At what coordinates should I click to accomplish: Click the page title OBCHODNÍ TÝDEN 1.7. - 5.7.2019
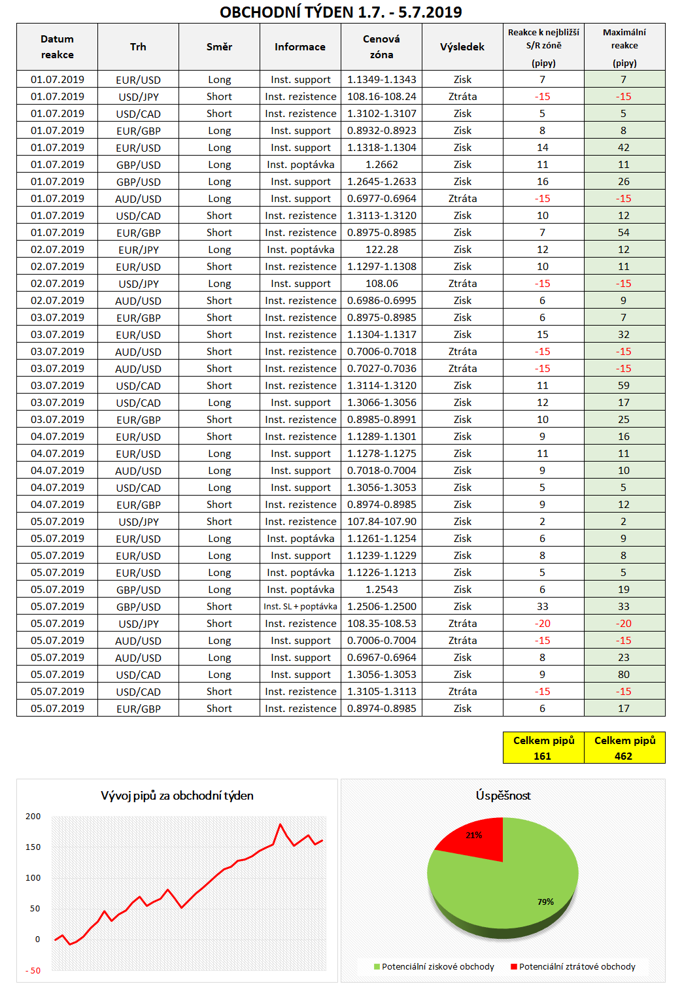click(x=341, y=12)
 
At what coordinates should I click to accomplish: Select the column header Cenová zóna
click(x=381, y=47)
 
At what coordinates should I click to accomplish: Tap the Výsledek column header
click(x=462, y=47)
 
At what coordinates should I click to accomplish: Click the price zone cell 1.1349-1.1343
click(x=381, y=80)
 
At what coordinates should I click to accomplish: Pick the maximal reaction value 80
click(x=624, y=675)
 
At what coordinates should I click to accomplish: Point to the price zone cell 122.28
click(x=382, y=250)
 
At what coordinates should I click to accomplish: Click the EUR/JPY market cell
click(x=138, y=250)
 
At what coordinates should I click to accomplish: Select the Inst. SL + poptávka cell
click(x=300, y=607)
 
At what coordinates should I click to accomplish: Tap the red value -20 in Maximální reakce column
click(x=624, y=624)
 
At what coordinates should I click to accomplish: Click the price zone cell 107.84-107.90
click(x=381, y=522)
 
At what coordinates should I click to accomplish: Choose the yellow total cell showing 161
click(x=543, y=748)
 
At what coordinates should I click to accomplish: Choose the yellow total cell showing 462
click(x=624, y=748)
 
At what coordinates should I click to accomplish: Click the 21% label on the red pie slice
click(x=474, y=835)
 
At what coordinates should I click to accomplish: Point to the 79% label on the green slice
click(x=545, y=902)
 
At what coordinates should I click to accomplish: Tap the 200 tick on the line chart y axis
click(x=33, y=817)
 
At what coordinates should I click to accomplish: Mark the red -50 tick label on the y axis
click(x=33, y=971)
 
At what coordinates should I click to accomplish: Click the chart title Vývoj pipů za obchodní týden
click(x=177, y=796)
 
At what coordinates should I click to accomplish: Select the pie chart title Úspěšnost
click(x=503, y=796)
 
